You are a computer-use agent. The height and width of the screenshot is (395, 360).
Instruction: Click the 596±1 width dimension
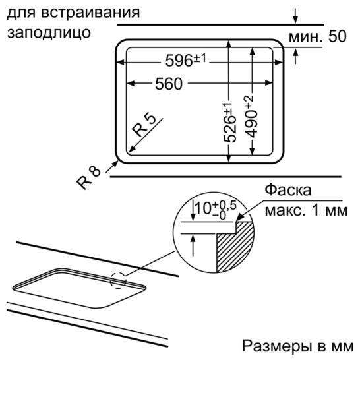coord(185,60)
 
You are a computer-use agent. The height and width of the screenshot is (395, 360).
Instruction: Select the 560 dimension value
coord(169,84)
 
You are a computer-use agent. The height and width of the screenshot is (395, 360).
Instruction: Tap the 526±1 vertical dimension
coord(230,123)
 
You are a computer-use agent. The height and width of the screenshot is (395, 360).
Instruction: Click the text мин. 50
coord(317,36)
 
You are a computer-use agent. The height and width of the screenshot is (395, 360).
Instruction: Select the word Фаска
coord(288,190)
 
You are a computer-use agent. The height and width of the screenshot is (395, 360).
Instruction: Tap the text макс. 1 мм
coord(306,210)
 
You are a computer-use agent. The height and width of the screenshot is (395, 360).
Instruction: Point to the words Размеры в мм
coord(298,346)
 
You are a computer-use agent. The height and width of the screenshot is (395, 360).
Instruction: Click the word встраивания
coord(90,12)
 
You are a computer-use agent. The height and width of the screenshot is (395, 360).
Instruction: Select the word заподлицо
coord(49,33)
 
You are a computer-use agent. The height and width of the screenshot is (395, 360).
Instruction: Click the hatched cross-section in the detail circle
coord(235,246)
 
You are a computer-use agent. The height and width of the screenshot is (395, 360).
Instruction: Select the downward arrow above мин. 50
coord(295,16)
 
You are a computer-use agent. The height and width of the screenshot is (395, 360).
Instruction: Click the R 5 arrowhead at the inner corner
coord(132,150)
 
